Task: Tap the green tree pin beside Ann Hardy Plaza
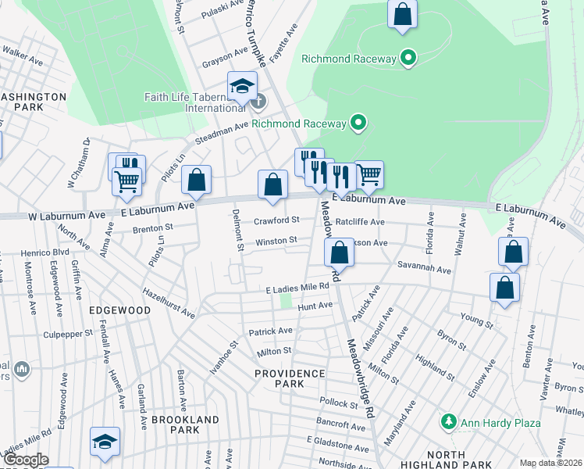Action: tap(449, 422)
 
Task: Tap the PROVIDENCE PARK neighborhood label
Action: tap(290, 379)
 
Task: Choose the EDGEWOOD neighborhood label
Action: tap(119, 310)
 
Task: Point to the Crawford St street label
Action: tap(276, 220)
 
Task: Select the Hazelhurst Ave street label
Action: tap(168, 301)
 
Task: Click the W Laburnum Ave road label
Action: tap(67, 215)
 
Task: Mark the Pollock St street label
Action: tap(338, 403)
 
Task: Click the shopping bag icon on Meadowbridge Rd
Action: tap(339, 252)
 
